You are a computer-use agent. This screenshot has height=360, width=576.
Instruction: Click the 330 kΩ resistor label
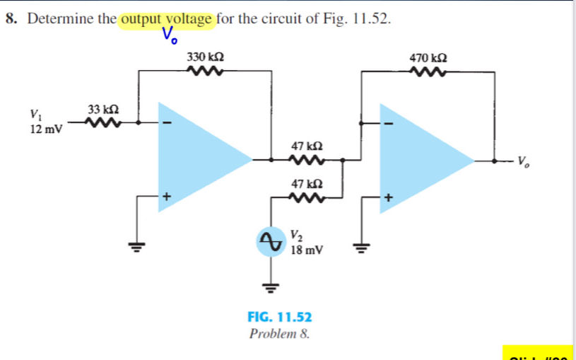tap(206, 56)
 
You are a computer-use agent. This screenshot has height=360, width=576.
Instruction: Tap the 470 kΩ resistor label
tap(428, 56)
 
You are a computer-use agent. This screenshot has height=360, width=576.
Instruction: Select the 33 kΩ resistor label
tap(102, 110)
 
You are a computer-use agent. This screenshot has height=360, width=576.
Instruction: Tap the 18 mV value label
tap(307, 249)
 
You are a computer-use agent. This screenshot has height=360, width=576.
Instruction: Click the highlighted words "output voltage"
tap(167, 18)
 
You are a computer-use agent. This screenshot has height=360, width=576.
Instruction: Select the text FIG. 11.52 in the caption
tap(279, 318)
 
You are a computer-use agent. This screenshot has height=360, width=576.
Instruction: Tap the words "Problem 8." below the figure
tap(279, 333)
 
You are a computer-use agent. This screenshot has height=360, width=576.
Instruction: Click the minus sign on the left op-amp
tap(167, 122)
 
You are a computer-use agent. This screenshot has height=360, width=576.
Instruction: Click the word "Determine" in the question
tap(59, 18)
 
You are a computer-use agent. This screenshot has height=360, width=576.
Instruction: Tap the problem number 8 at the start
tap(10, 18)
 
